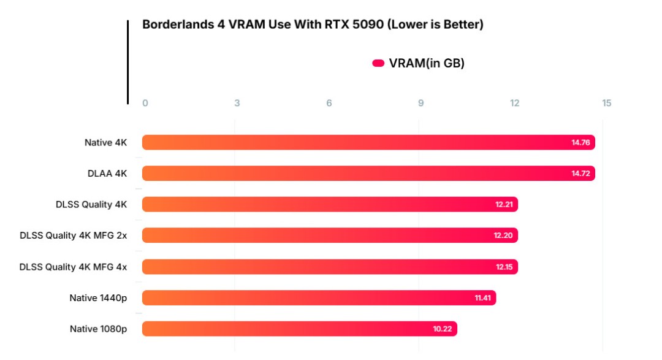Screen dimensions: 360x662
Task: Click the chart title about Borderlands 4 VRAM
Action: pos(313,25)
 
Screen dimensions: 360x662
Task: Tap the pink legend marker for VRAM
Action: pos(378,63)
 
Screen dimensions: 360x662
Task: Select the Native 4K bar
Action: pos(368,142)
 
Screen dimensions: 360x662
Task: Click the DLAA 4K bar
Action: pos(368,174)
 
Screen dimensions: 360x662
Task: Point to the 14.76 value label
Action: pos(580,142)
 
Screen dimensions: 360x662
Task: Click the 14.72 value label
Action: pos(580,174)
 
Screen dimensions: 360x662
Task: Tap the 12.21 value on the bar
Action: pos(504,204)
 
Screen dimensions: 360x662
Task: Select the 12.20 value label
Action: pos(504,236)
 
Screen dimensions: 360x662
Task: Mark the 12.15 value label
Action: pos(504,267)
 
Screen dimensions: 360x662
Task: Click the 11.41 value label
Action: pos(482,298)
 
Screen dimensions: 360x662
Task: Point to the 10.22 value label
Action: pos(443,329)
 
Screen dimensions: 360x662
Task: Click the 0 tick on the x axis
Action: pos(145,103)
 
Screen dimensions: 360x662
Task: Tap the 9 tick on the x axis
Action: pos(421,103)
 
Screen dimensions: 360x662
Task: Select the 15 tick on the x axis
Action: pos(607,103)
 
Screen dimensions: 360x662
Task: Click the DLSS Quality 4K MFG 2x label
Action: pos(74,236)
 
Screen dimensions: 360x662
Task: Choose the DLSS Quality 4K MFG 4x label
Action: pos(74,267)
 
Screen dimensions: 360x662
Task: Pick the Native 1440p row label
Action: pos(98,298)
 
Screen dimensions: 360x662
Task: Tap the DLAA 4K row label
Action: pos(107,174)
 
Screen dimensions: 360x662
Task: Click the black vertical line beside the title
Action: pos(128,61)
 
